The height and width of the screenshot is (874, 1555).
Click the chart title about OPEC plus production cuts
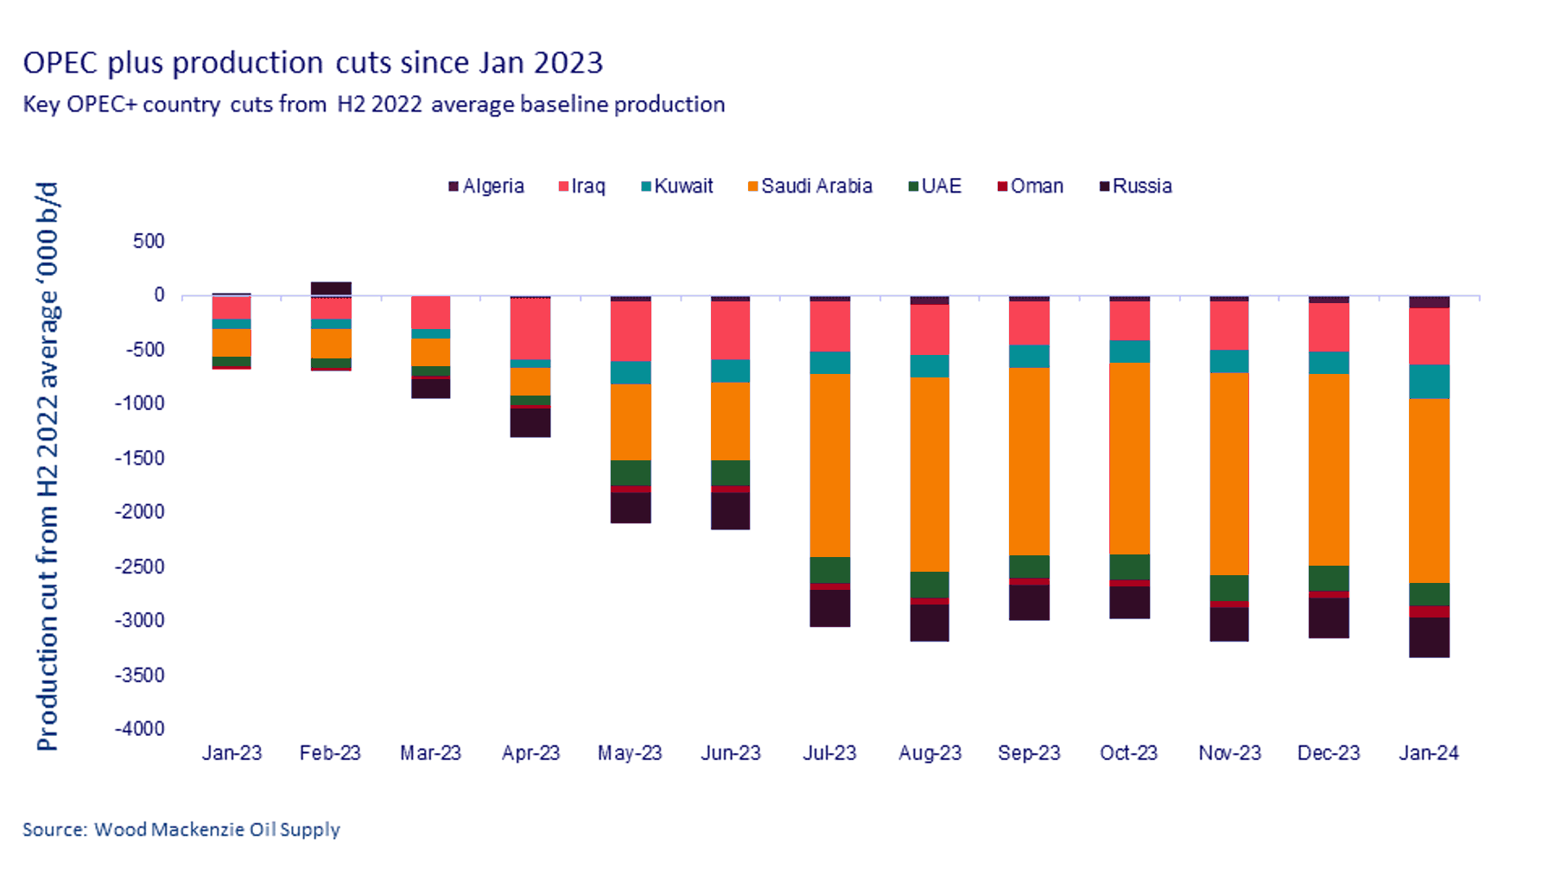tap(313, 63)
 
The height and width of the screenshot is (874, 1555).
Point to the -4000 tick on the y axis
tap(140, 729)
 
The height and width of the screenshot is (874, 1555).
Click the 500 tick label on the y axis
tap(149, 241)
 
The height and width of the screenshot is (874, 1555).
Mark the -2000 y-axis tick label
tap(140, 512)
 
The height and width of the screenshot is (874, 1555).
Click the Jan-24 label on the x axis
tap(1429, 753)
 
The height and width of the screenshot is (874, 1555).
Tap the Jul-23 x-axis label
tap(829, 753)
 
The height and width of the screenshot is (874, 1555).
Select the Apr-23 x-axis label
tap(530, 753)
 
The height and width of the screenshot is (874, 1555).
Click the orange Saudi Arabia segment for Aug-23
tap(930, 475)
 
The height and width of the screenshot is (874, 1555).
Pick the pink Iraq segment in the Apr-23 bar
tap(530, 329)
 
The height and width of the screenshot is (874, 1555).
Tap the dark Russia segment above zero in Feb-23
tap(331, 288)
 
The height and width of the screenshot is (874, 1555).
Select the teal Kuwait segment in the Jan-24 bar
tap(1429, 382)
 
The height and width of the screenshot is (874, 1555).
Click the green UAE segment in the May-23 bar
tap(631, 473)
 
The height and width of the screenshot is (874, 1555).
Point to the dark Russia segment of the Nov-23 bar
tap(1229, 624)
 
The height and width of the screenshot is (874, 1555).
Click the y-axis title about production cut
tap(48, 466)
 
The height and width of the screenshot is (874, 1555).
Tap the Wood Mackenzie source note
tap(181, 830)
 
